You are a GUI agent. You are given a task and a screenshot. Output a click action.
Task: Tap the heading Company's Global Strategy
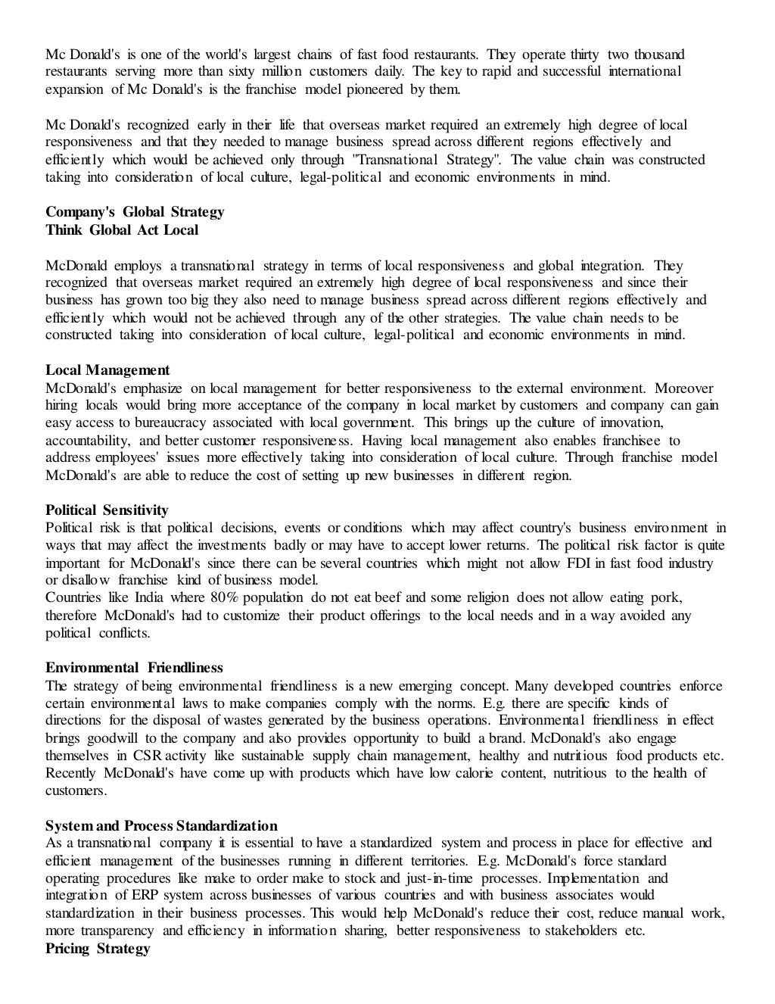[x=135, y=212]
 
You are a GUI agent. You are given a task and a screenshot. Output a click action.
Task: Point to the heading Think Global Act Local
[x=122, y=230]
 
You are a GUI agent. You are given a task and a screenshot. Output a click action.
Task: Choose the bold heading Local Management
[x=107, y=370]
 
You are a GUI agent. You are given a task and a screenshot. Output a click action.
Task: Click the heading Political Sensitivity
[x=107, y=510]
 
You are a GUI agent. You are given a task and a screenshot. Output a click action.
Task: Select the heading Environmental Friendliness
[x=134, y=669]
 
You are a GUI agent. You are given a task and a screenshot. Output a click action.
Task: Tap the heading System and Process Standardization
[x=161, y=826]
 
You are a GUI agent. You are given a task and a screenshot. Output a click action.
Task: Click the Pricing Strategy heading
[x=98, y=949]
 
